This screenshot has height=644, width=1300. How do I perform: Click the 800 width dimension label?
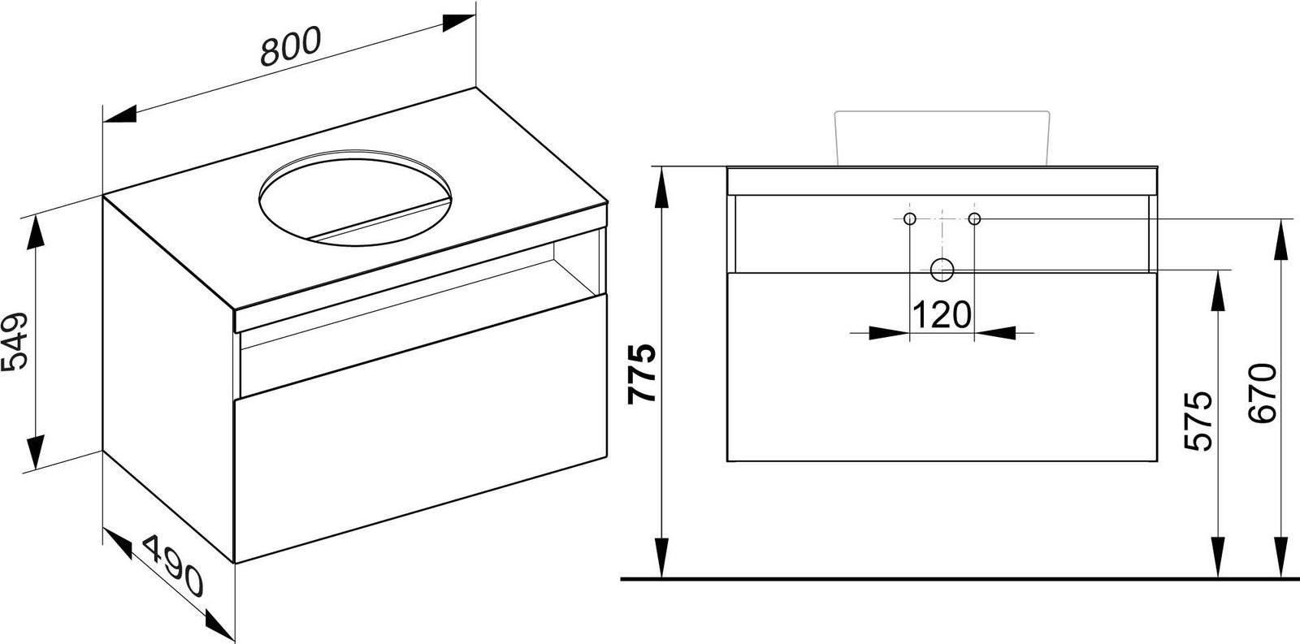point(290,46)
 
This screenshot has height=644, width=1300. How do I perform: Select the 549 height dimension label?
point(14,342)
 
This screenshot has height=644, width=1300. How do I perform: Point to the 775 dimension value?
point(642,374)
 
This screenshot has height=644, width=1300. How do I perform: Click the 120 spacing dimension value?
point(942,314)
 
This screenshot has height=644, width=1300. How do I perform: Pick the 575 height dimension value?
point(1198,421)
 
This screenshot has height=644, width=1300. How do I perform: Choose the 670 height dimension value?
point(1263,393)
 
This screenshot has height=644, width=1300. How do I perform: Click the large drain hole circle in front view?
point(942,270)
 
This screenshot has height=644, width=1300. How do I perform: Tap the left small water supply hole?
point(909,218)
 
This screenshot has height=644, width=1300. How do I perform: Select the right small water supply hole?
point(974,218)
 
